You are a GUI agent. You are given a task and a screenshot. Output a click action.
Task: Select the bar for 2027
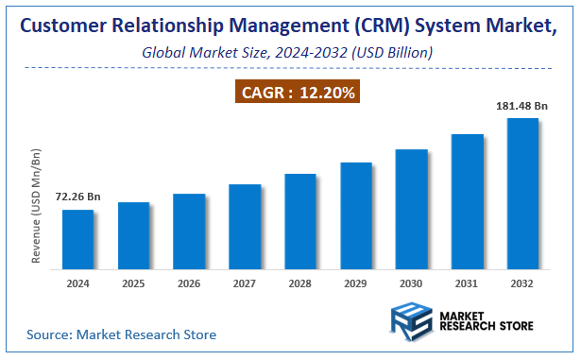pos(245,227)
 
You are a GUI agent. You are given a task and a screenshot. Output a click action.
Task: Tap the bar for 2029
pos(356,216)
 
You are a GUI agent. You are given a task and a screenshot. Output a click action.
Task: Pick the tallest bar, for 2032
pos(522,194)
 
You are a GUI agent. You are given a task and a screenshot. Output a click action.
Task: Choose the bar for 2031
pos(467,202)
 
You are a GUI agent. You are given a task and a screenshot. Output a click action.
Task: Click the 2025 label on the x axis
pos(134,283)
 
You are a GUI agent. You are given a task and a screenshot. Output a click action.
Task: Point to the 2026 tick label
pos(189,283)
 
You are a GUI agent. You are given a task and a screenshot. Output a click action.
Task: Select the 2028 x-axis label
pos(300,283)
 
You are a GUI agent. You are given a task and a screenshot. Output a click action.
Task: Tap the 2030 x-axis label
pos(411,283)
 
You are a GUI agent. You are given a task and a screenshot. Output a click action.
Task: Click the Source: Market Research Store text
pos(122,334)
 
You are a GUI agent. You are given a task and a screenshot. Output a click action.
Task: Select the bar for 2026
pos(189,231)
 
